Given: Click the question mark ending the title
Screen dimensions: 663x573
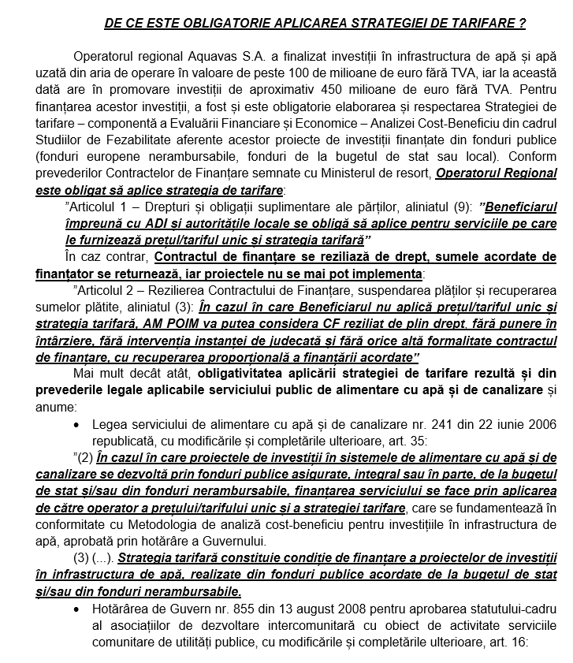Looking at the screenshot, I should (522, 24).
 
